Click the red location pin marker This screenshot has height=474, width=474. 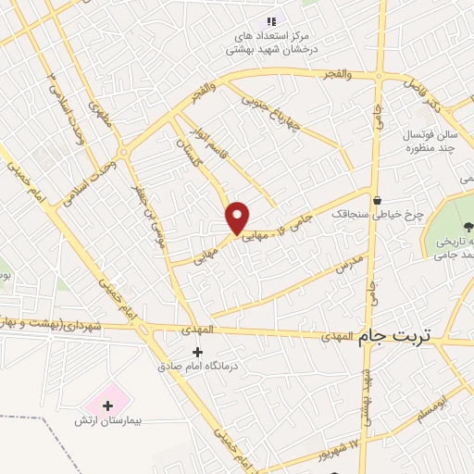(x=238, y=218)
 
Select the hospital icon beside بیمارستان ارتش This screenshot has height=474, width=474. (x=108, y=405)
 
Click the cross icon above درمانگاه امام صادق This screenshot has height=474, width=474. (x=196, y=352)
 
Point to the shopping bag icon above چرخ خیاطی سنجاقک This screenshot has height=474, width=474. (x=377, y=199)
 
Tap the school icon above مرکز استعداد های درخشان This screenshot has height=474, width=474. (x=270, y=21)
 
